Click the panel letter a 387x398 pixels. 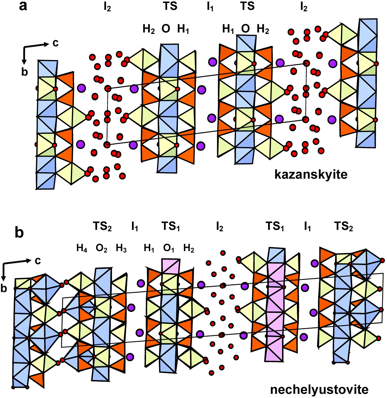pyautogui.click(x=23, y=6)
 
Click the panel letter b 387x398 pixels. pyautogui.click(x=19, y=233)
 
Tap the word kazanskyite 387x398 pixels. pyautogui.click(x=310, y=174)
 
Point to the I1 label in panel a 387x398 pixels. pyautogui.click(x=210, y=7)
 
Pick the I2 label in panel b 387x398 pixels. pyautogui.click(x=220, y=228)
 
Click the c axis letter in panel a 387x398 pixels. pyautogui.click(x=55, y=43)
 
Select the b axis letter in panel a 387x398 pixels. pyautogui.click(x=25, y=72)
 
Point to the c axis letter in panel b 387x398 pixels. pyautogui.click(x=37, y=260)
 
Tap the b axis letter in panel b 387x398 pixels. pyautogui.click(x=4, y=288)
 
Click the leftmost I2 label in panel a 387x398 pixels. pyautogui.click(x=107, y=7)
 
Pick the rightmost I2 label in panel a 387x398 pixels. pyautogui.click(x=304, y=7)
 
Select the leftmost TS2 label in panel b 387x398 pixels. pyautogui.click(x=102, y=227)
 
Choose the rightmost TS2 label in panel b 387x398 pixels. pyautogui.click(x=343, y=227)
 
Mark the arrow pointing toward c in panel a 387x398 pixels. pyautogui.click(x=37, y=46)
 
